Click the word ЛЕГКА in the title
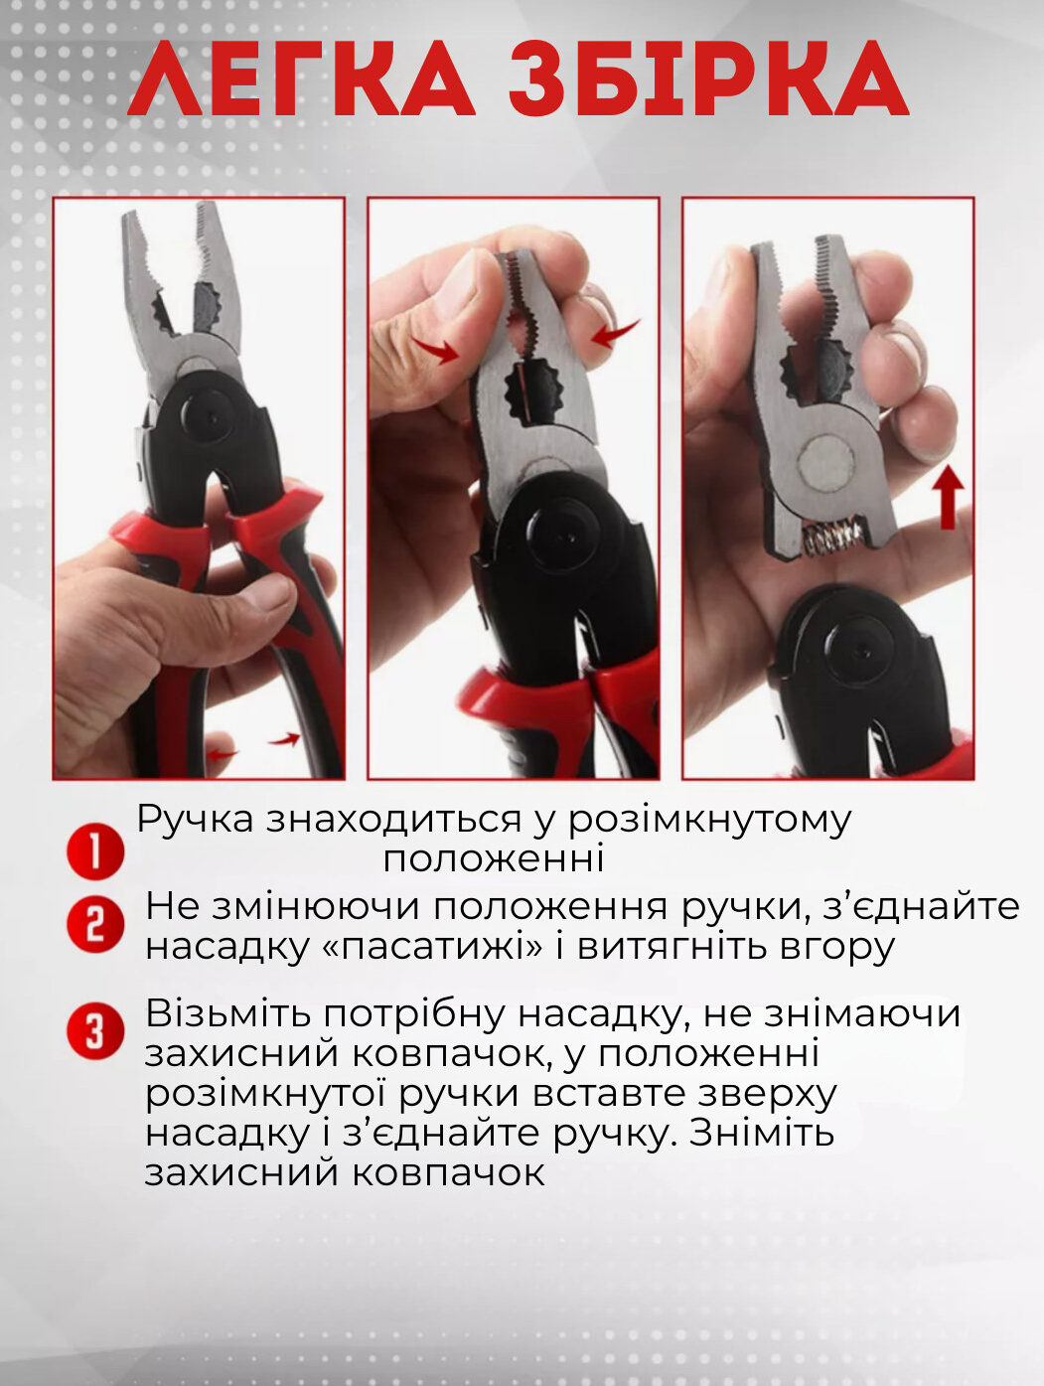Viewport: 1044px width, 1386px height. [301, 78]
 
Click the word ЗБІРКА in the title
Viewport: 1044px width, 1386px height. [709, 78]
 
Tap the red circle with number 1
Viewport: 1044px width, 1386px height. [95, 850]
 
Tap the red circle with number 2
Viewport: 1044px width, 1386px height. [95, 926]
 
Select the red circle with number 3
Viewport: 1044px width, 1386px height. [95, 1031]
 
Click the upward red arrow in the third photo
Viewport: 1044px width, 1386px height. [948, 498]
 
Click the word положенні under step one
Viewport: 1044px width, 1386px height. [494, 858]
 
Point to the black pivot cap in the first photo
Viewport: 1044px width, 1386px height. [209, 410]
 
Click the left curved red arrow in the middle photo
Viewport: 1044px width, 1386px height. [435, 349]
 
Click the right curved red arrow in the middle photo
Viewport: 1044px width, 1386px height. [615, 333]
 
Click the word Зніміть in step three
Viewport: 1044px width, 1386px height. [762, 1133]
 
